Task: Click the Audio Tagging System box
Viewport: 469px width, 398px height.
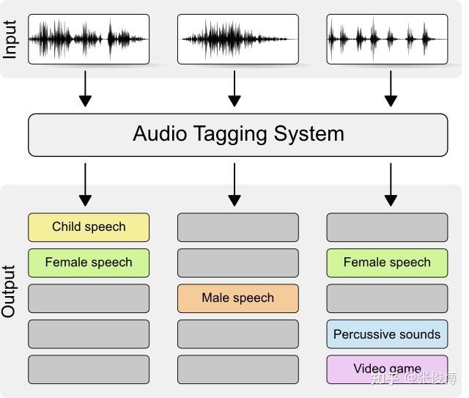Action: click(x=237, y=135)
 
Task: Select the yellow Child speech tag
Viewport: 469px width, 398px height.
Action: click(x=89, y=227)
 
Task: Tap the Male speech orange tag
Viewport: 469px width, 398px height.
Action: click(x=237, y=298)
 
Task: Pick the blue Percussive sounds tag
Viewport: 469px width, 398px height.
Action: click(x=387, y=334)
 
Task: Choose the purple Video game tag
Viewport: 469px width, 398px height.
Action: click(x=387, y=369)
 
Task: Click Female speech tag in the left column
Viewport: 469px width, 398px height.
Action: click(x=89, y=262)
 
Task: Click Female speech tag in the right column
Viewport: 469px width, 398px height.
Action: click(x=387, y=262)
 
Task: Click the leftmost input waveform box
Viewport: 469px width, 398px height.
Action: click(x=89, y=39)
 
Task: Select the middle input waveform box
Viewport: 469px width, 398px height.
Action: click(x=237, y=39)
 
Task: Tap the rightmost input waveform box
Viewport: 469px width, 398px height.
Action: click(x=387, y=39)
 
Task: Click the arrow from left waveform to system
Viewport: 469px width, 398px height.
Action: click(x=86, y=89)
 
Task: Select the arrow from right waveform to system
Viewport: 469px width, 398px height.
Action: click(x=391, y=89)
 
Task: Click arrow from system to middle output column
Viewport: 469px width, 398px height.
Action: click(x=234, y=184)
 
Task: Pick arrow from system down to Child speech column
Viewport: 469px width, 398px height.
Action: click(x=86, y=184)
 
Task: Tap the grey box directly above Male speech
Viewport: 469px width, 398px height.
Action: click(x=237, y=262)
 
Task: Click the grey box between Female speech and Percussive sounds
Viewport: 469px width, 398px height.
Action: click(x=387, y=298)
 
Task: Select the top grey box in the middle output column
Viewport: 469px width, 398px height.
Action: click(x=237, y=227)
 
